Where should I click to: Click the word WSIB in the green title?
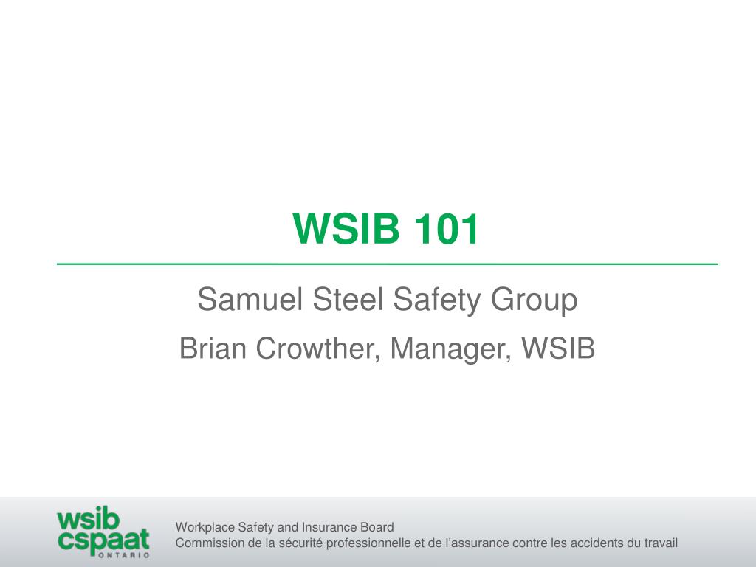(x=346, y=228)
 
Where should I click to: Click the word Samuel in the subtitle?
(x=250, y=300)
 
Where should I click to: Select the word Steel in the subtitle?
(x=348, y=300)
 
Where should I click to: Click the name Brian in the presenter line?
(x=213, y=348)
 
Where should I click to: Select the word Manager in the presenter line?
(x=450, y=349)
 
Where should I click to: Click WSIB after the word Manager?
(x=558, y=348)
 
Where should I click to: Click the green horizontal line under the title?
(x=387, y=264)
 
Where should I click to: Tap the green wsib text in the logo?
(x=88, y=519)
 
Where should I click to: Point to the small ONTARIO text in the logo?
(x=124, y=555)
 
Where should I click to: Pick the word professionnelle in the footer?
(x=368, y=543)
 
